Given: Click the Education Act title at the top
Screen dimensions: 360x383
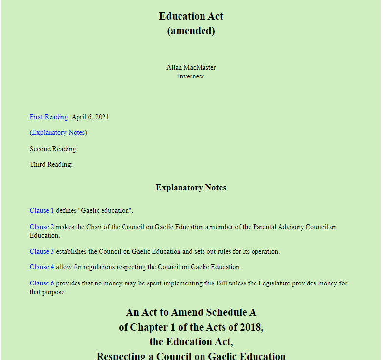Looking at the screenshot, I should (x=191, y=16).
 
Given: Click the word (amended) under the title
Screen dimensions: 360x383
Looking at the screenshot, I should (x=191, y=31).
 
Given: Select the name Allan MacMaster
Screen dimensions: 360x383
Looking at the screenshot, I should (x=191, y=68).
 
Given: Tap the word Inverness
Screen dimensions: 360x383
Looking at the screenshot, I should (x=191, y=76).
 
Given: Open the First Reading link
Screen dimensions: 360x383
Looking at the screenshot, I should (x=49, y=117).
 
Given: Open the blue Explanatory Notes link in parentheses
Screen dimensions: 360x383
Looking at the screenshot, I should (x=58, y=132).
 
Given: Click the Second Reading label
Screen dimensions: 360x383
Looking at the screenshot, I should (x=53, y=149).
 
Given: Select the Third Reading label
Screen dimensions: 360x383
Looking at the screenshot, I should (x=51, y=164).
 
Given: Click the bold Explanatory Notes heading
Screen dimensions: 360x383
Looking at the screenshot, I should (x=191, y=188).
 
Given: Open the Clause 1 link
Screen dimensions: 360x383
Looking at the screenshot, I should (x=42, y=210).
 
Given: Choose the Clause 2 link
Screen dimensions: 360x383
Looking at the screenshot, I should (x=42, y=227).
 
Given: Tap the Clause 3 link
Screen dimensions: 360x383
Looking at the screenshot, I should (x=42, y=251).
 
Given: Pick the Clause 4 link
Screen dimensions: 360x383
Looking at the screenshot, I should (x=42, y=267).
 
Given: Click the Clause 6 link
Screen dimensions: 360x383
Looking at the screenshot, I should (x=42, y=283).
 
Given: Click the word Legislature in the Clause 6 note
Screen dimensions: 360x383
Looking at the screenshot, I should (x=273, y=283).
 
